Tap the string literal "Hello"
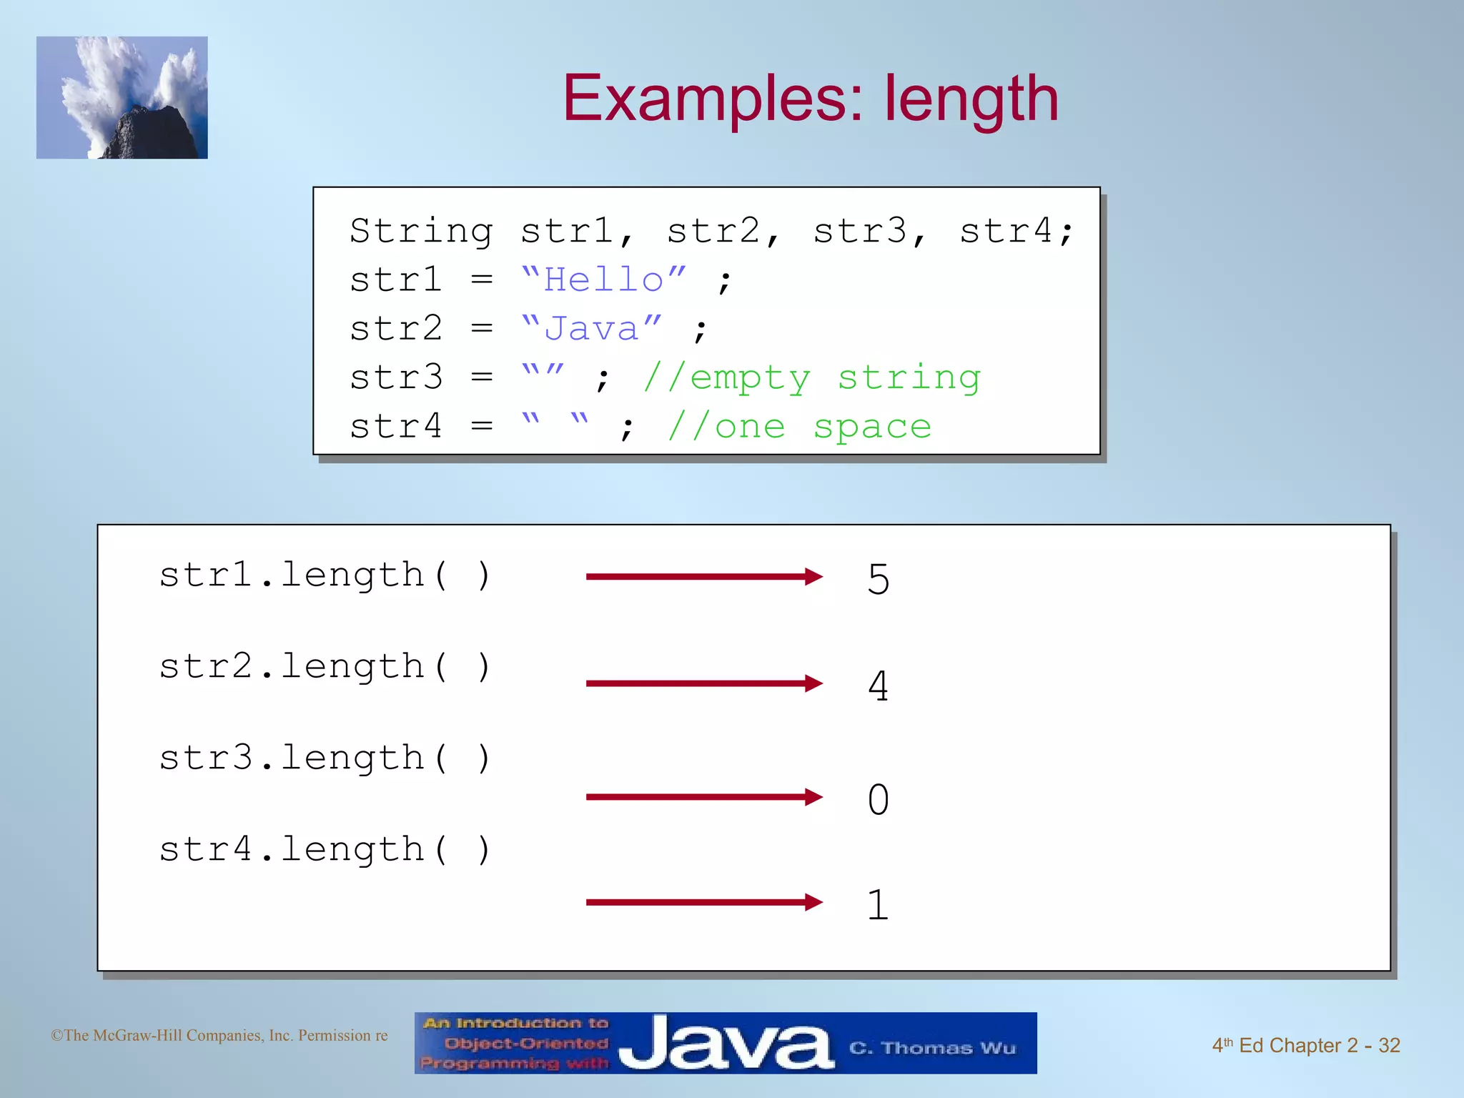point(603,280)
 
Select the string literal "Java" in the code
point(591,328)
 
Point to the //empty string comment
point(812,377)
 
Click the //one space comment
point(799,427)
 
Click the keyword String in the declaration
point(421,231)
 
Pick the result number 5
point(879,579)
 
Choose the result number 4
point(879,686)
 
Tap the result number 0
point(879,799)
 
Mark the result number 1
point(879,905)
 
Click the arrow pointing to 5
point(703,577)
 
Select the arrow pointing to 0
point(703,797)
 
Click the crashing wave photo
point(122,98)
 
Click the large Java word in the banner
point(726,1044)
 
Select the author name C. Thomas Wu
point(932,1048)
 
